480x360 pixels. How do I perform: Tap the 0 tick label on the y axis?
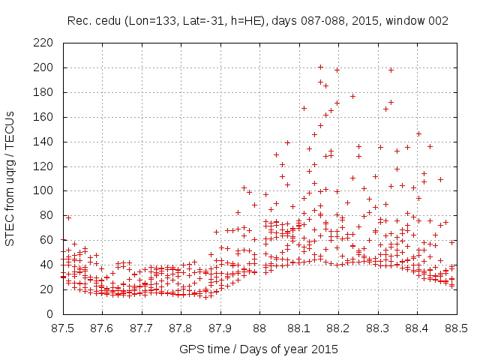coord(50,313)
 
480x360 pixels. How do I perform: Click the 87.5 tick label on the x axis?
coord(63,328)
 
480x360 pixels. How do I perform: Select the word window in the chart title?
coord(405,21)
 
